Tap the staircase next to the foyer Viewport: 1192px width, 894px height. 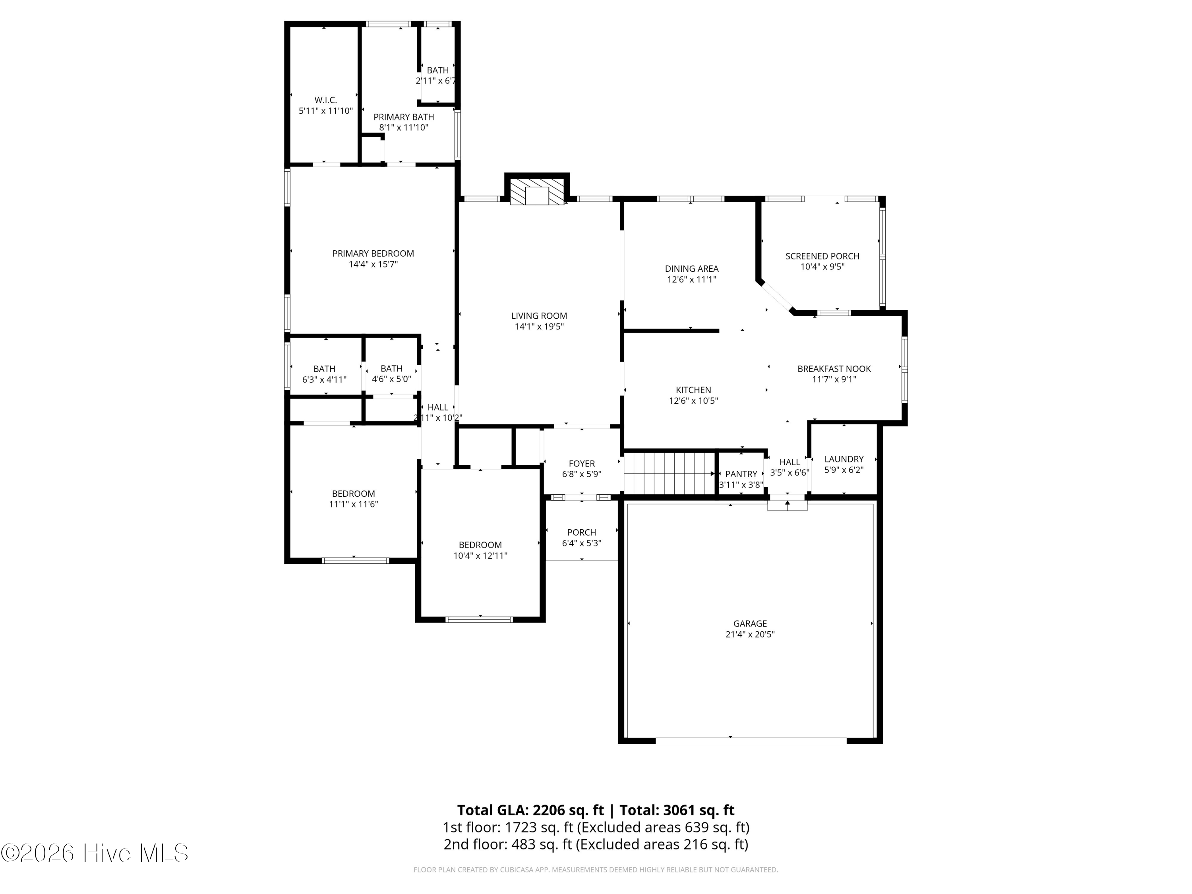pos(669,473)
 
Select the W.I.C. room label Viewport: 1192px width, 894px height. pos(325,100)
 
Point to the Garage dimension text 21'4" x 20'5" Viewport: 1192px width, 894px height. pos(750,634)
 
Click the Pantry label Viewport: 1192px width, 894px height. pos(741,474)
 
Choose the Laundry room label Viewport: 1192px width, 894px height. pos(844,459)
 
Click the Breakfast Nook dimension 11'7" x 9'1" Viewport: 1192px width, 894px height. pos(834,379)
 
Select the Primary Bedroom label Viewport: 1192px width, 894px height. pos(373,253)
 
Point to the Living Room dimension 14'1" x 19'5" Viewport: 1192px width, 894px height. pos(539,327)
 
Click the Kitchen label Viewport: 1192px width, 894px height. pos(693,390)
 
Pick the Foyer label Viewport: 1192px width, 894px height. pos(582,463)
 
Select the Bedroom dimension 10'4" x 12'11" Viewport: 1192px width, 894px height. pos(480,555)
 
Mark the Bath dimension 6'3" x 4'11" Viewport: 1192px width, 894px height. pos(324,379)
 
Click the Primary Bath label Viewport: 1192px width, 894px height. pos(404,117)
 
